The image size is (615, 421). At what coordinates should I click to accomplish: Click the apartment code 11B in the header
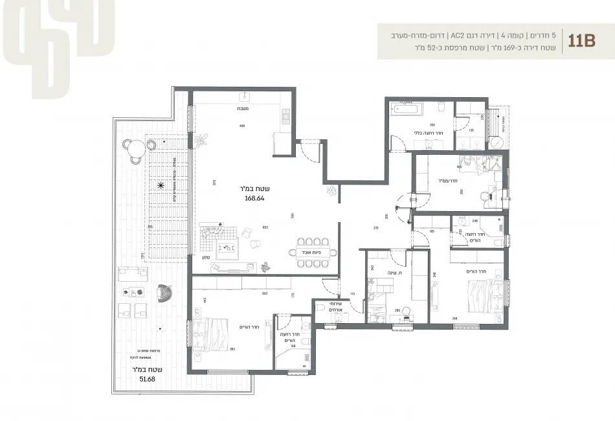(581, 40)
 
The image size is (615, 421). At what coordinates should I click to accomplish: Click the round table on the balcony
(137, 151)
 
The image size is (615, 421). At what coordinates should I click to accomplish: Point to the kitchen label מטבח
(242, 109)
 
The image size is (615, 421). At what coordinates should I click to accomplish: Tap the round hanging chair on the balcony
(164, 293)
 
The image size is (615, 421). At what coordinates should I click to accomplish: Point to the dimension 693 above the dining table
(265, 228)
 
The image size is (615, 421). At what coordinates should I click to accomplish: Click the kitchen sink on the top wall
(245, 97)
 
